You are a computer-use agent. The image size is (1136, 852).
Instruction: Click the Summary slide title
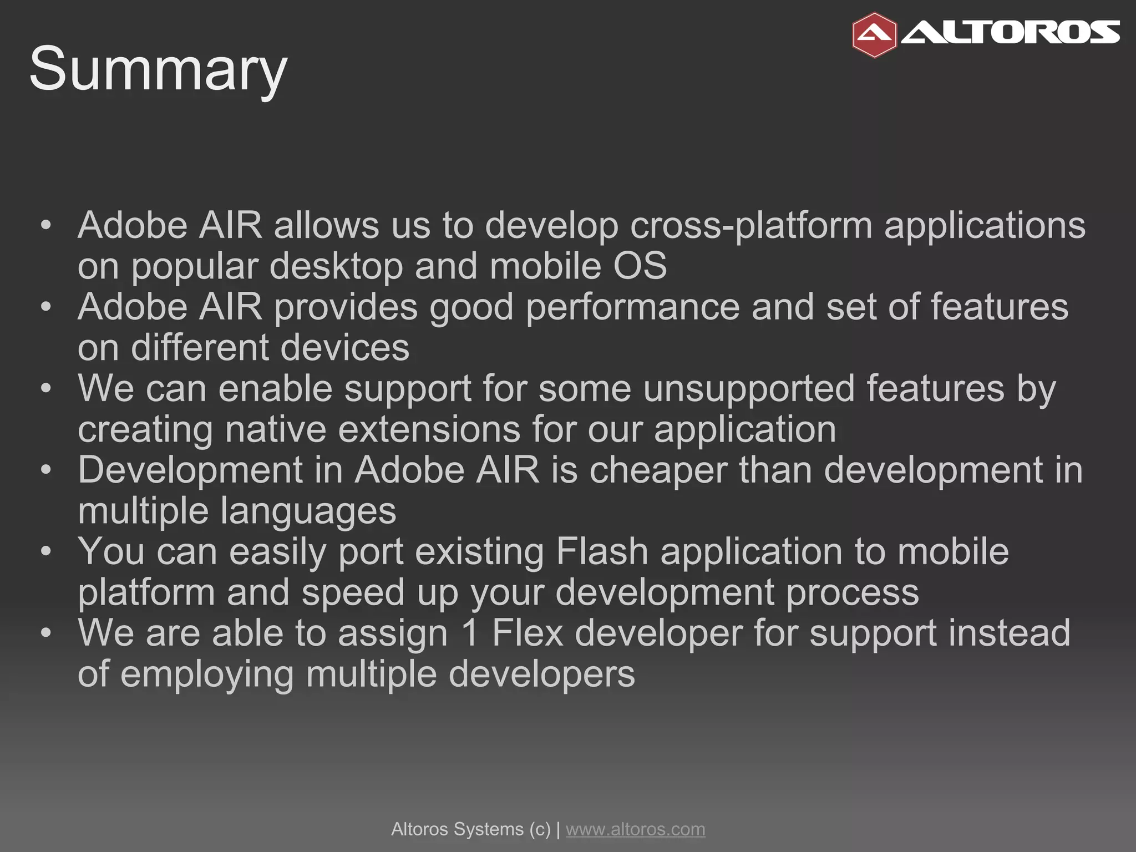[158, 69]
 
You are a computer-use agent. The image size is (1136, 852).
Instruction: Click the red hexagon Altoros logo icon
[874, 35]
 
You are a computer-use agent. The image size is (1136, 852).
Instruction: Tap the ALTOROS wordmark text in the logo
[1010, 33]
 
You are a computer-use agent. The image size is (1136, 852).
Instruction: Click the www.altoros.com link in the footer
[635, 829]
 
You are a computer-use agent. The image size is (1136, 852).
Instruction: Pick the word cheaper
[658, 471]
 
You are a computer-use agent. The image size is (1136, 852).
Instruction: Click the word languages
[308, 512]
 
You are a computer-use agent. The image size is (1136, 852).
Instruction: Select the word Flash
[602, 552]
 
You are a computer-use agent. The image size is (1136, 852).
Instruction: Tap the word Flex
[528, 633]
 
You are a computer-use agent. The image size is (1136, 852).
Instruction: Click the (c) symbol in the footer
[540, 829]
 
